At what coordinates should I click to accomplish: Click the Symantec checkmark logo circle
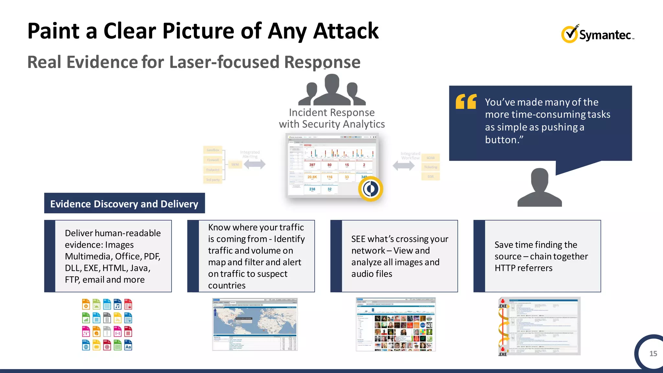pyautogui.click(x=569, y=34)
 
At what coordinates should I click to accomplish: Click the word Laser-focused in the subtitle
pyautogui.click(x=224, y=62)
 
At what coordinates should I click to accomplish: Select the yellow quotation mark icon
pyautogui.click(x=466, y=101)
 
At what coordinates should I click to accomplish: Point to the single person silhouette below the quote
pyautogui.click(x=539, y=188)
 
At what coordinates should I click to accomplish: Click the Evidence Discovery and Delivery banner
pyautogui.click(x=124, y=203)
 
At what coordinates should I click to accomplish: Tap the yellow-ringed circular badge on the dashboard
pyautogui.click(x=371, y=189)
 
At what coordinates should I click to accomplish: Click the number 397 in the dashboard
pyautogui.click(x=312, y=165)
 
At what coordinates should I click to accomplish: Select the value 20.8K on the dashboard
pyautogui.click(x=312, y=177)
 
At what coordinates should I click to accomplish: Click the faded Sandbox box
pyautogui.click(x=213, y=150)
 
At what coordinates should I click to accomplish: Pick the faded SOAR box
pyautogui.click(x=431, y=158)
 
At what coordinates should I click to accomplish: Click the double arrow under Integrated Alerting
pyautogui.click(x=254, y=164)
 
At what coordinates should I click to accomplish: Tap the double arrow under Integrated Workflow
pyautogui.click(x=403, y=166)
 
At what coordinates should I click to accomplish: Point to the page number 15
pyautogui.click(x=653, y=354)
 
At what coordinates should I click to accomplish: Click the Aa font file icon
pyautogui.click(x=128, y=345)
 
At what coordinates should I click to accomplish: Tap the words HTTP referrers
pyautogui.click(x=523, y=268)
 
